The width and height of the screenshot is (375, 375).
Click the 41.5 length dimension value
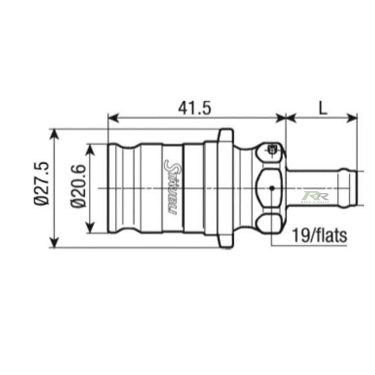click(194, 107)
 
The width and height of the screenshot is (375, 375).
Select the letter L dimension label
click(322, 107)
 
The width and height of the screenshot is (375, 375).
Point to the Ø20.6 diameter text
click(77, 186)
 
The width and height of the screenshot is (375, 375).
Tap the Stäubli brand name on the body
click(169, 186)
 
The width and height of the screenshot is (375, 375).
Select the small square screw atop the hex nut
click(272, 149)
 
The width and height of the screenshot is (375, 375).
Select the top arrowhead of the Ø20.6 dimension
click(92, 147)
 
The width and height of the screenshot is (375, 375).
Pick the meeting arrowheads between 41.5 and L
click(286, 117)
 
